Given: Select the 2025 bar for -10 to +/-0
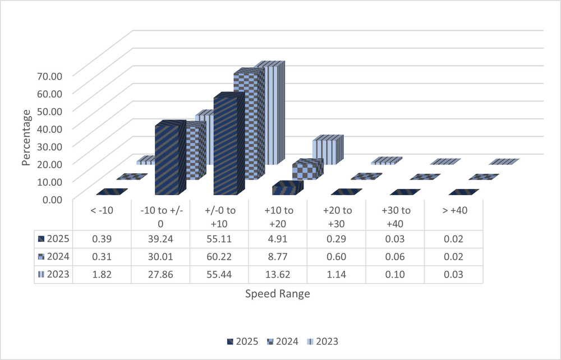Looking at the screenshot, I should tap(167, 160).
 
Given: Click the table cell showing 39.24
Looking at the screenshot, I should tap(160, 239).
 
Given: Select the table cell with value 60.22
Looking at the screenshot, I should tap(219, 257).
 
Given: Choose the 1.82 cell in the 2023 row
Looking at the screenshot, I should tap(102, 275).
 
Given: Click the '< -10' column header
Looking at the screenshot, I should tap(102, 211).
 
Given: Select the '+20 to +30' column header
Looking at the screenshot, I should tap(337, 216).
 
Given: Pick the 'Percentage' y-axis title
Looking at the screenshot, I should tap(26, 137).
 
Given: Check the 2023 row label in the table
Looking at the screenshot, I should tap(54, 275).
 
